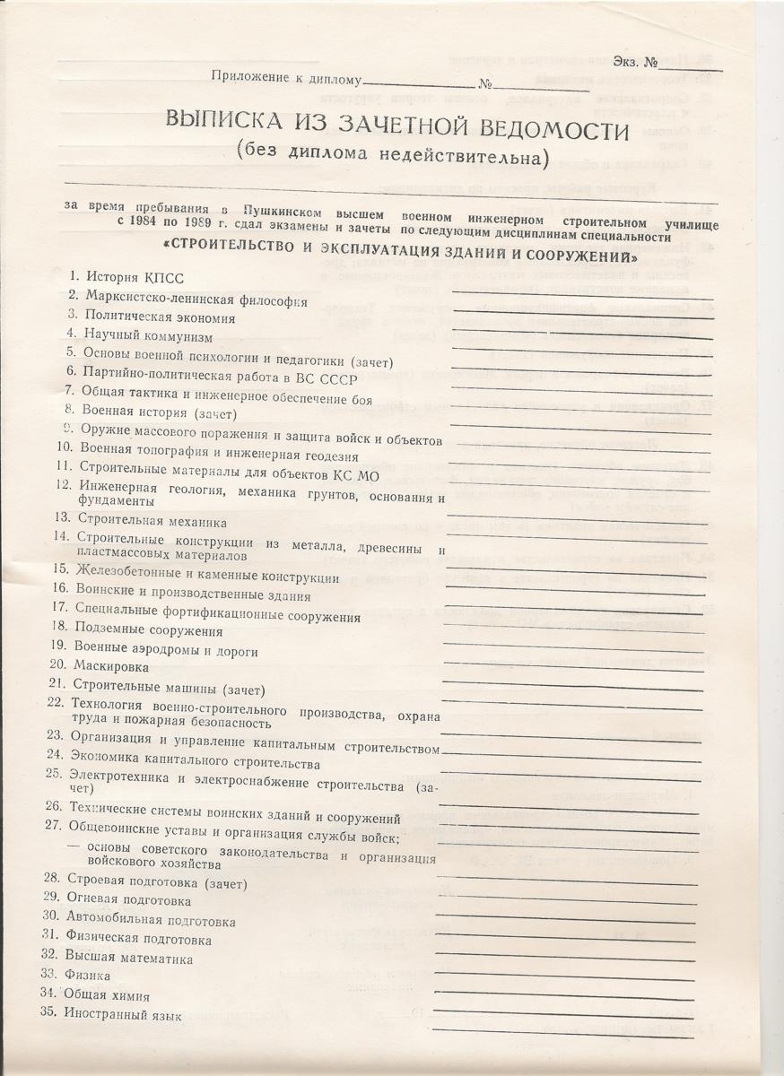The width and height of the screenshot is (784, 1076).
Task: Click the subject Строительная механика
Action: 139,520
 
